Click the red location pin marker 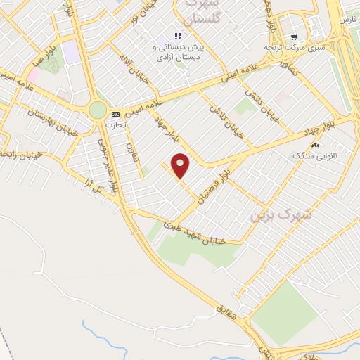(181, 165)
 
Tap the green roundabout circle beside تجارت (98, 110)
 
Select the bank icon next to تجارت (116, 113)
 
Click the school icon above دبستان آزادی (179, 36)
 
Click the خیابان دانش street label (263, 104)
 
